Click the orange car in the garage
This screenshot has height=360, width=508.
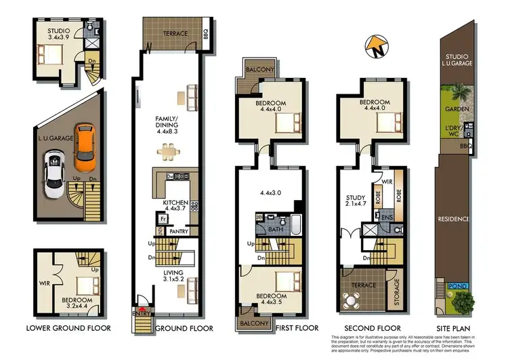tap(85, 147)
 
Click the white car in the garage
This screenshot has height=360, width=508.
tap(54, 174)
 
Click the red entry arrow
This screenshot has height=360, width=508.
tap(142, 303)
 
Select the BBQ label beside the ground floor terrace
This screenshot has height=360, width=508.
tap(206, 33)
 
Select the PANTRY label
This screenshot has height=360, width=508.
tap(179, 231)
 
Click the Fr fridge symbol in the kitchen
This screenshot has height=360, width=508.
tap(163, 220)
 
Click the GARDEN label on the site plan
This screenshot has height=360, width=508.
tap(453, 108)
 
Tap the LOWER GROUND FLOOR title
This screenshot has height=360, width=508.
tap(68, 328)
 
